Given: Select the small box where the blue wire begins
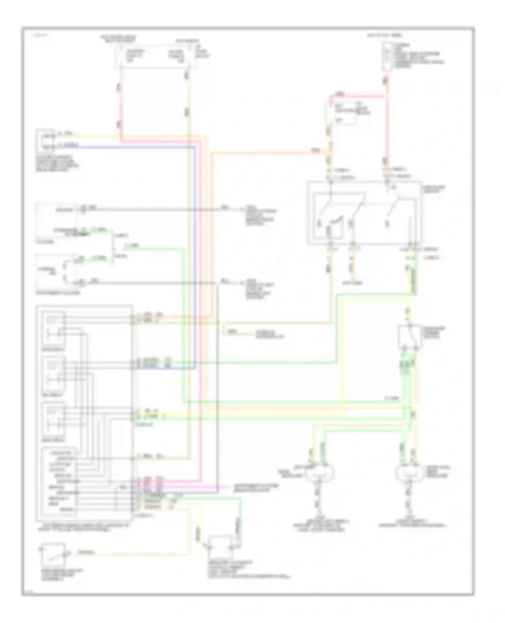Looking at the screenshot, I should click(45, 140).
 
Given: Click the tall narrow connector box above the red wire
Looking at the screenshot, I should click(387, 56).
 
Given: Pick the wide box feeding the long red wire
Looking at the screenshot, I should click(155, 55).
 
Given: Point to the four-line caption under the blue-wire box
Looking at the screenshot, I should click(57, 163).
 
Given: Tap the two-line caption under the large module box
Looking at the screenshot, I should click(82, 527).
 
